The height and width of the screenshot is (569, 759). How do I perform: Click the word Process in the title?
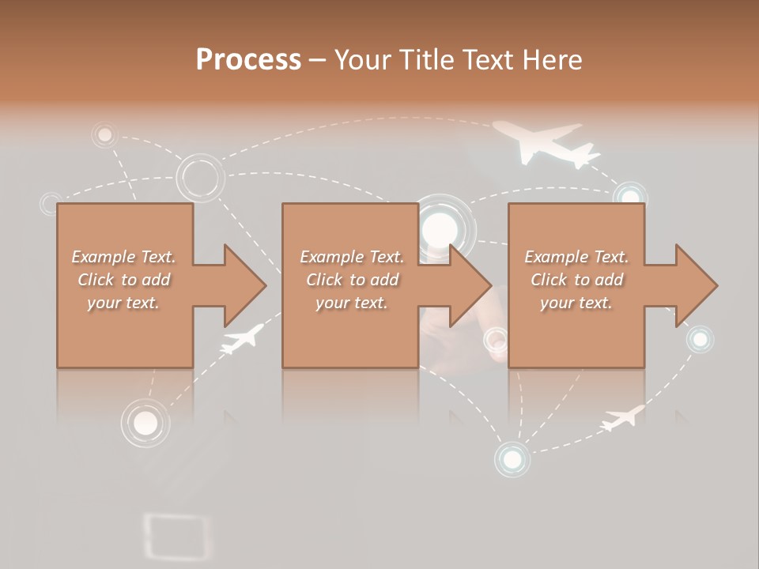[x=248, y=60]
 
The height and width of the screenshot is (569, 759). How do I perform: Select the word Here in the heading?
[x=552, y=60]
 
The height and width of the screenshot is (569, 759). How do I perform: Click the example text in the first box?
[x=123, y=280]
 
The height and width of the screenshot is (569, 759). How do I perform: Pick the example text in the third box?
[x=576, y=280]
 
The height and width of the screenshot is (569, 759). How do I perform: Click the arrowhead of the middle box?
[x=470, y=285]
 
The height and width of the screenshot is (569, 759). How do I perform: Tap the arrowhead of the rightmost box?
[x=696, y=285]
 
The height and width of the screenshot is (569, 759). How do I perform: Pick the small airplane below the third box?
[x=623, y=416]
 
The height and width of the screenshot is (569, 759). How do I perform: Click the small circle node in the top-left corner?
[x=104, y=135]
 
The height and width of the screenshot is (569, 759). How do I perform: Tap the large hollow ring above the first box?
[x=199, y=177]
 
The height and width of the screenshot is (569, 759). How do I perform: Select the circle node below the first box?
[x=145, y=423]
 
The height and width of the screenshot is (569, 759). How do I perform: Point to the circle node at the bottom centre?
[x=512, y=458]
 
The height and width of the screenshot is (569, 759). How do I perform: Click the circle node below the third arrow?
[x=699, y=340]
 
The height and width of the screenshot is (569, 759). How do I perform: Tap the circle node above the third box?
[x=630, y=195]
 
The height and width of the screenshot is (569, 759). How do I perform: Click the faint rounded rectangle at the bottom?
[x=178, y=536]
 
